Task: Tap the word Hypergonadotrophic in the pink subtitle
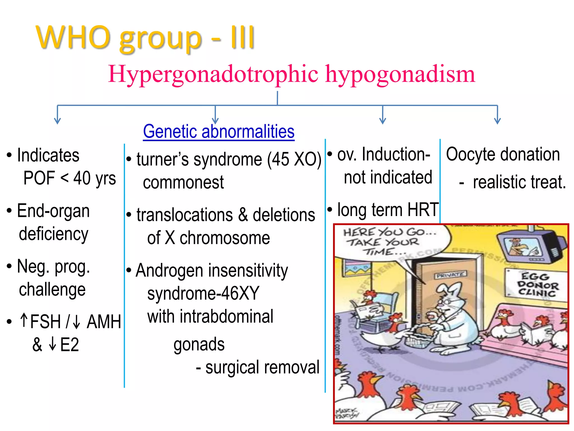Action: (213, 74)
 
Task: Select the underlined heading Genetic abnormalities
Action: (219, 131)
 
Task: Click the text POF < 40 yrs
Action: (70, 178)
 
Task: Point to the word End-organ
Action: (53, 211)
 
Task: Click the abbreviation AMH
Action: (104, 322)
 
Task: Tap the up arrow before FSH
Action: (24, 320)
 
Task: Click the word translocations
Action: (185, 215)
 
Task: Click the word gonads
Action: (199, 345)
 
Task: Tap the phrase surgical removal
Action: (262, 367)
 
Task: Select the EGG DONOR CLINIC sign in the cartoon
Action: (537, 285)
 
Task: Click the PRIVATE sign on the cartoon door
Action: (450, 275)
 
